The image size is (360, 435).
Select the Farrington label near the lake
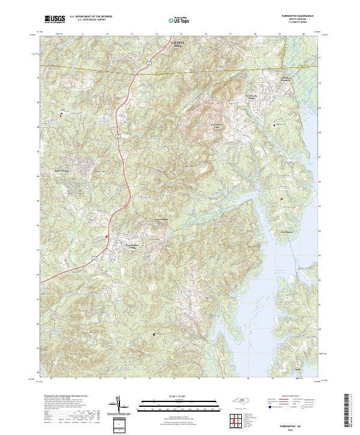click(x=286, y=231)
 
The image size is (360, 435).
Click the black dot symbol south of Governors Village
click(x=275, y=125)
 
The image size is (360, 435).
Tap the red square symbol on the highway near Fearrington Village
click(x=107, y=236)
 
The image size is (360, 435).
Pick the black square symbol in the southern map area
click(x=154, y=334)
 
